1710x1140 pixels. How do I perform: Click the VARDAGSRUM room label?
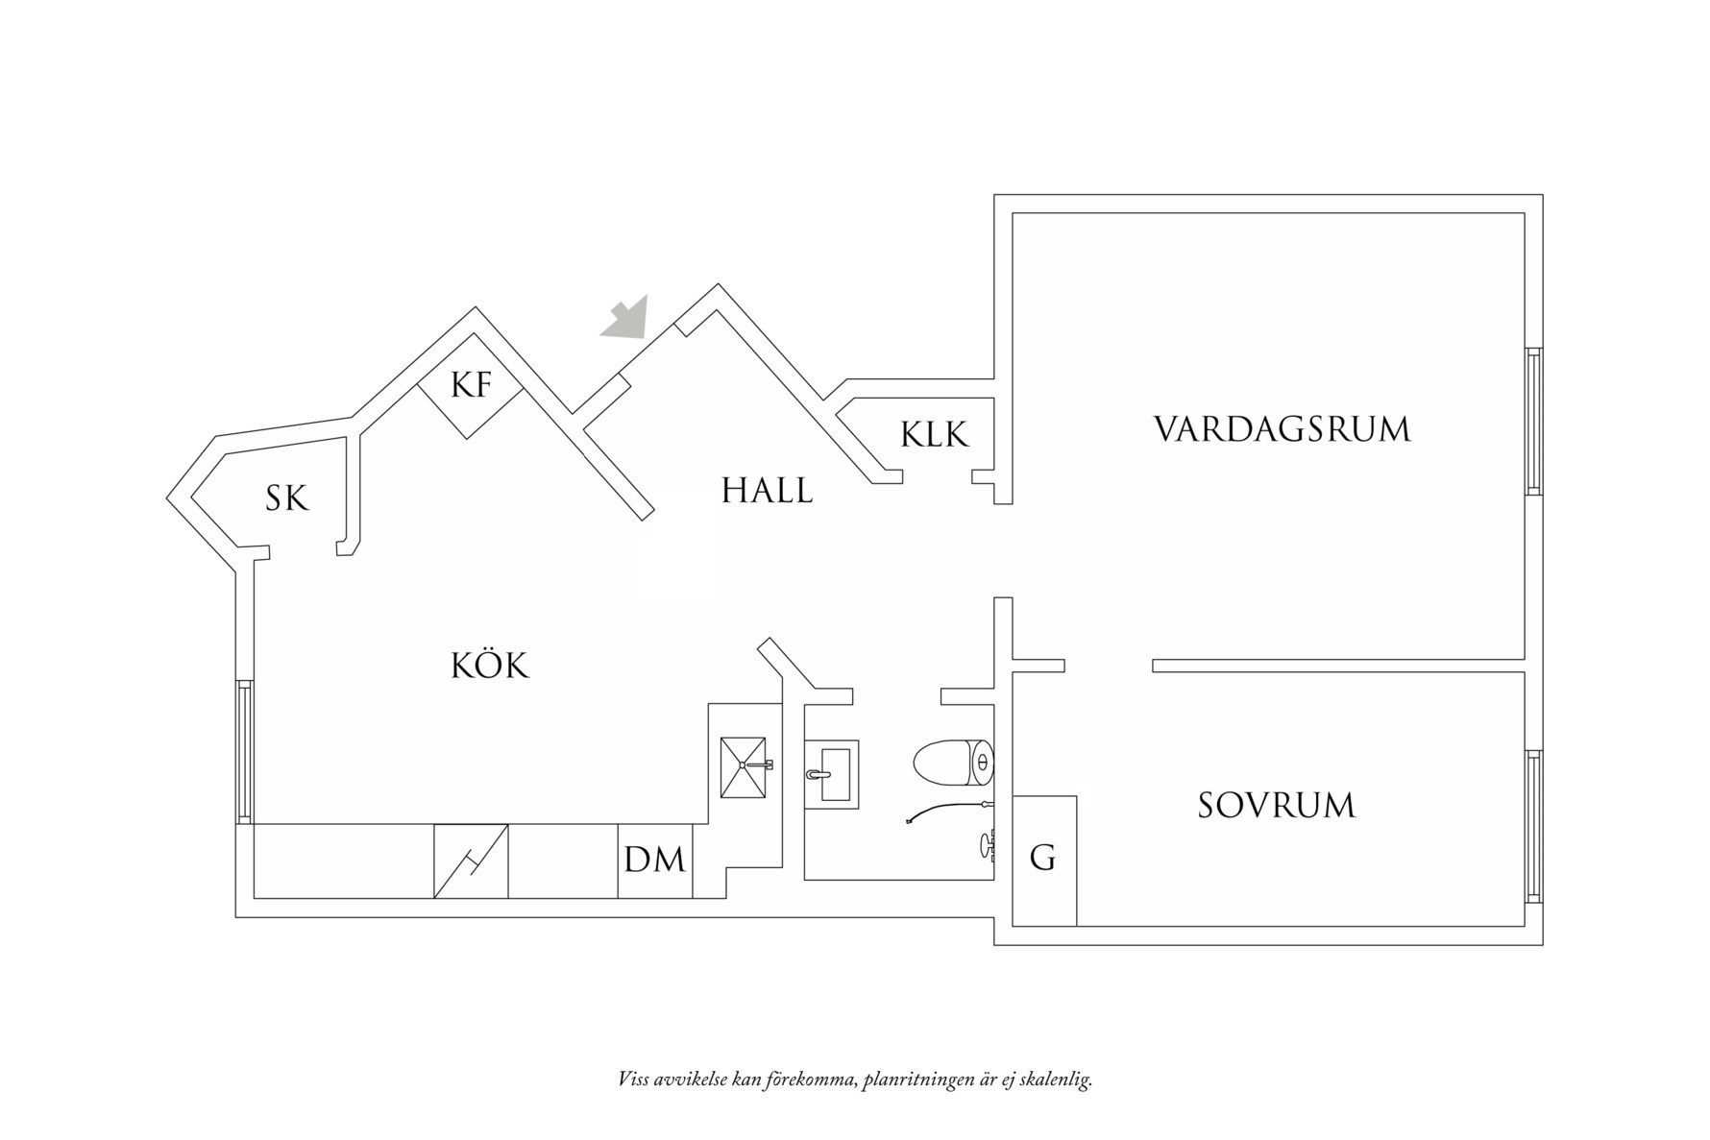(x=1282, y=428)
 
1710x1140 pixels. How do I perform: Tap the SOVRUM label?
(x=1276, y=805)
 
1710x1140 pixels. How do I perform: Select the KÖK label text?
(x=490, y=665)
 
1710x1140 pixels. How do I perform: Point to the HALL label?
(x=767, y=491)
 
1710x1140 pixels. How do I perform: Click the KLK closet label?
(x=934, y=435)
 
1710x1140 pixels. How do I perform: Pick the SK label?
(x=287, y=498)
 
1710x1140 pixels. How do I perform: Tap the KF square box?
(x=471, y=385)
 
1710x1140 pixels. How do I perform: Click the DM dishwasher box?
(x=654, y=861)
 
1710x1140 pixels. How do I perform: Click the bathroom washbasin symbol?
(x=832, y=774)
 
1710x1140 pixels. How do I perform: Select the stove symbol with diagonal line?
(x=471, y=861)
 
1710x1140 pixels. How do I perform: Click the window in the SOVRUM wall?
(x=1533, y=825)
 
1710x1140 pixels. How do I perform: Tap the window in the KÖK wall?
(x=244, y=751)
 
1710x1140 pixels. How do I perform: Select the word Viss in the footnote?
(x=633, y=1079)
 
